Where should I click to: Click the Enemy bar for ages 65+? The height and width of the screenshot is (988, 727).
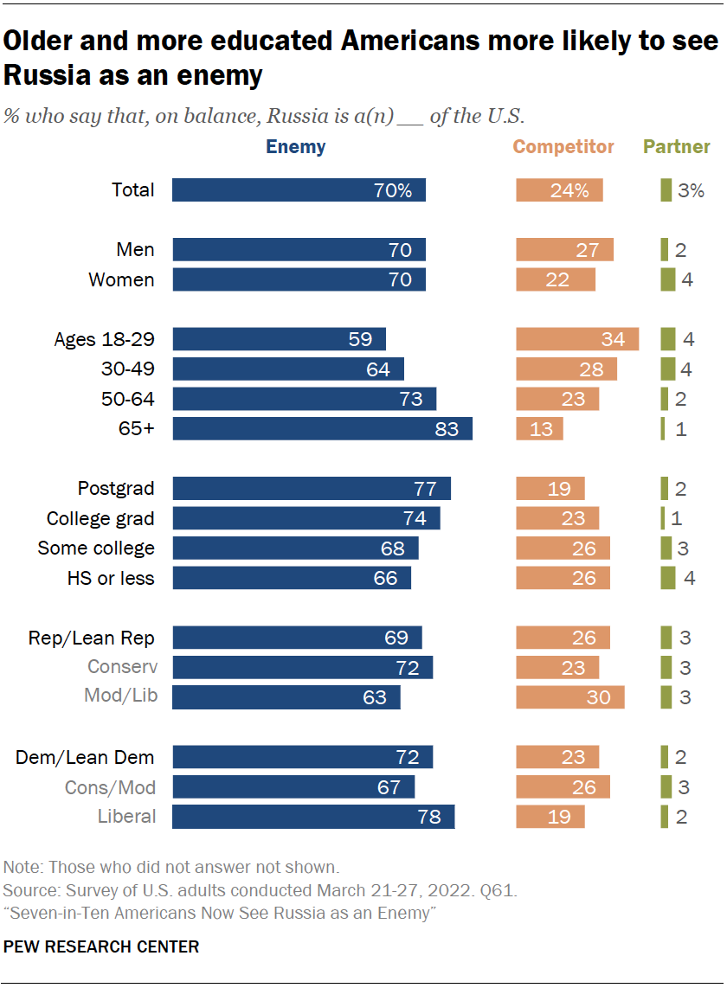click(x=322, y=428)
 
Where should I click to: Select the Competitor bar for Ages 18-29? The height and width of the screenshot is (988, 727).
click(x=577, y=338)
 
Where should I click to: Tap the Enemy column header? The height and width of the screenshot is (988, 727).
click(x=296, y=147)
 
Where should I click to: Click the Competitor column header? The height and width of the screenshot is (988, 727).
click(x=563, y=147)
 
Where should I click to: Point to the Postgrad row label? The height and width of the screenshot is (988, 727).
click(x=116, y=488)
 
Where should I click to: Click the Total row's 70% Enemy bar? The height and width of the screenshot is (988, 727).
click(x=299, y=190)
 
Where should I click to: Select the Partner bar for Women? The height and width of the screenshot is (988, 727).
click(x=667, y=279)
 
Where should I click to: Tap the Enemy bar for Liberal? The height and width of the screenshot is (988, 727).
click(x=313, y=816)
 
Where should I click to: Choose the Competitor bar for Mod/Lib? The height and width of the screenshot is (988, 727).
click(x=570, y=696)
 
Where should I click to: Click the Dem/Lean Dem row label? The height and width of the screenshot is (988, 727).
click(x=85, y=757)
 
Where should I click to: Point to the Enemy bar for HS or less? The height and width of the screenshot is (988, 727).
click(x=292, y=578)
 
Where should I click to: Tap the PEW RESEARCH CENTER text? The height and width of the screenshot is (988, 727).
click(x=101, y=946)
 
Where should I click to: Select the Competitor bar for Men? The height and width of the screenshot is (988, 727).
click(x=565, y=250)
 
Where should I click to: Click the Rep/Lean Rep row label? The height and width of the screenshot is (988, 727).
click(x=91, y=638)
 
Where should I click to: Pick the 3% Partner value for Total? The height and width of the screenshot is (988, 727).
click(x=691, y=190)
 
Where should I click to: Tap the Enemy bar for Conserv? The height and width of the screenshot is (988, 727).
click(x=302, y=667)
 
